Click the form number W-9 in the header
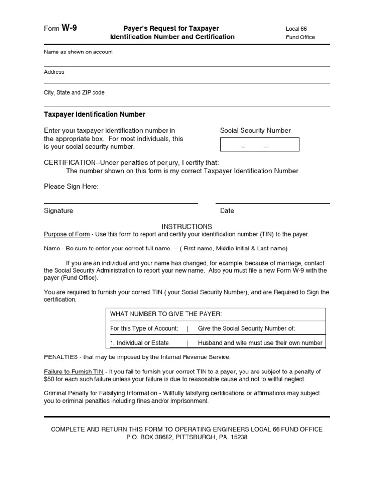(69, 28)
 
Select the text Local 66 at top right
(296, 29)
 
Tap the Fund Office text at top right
(300, 37)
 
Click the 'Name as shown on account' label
(78, 52)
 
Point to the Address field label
(54, 72)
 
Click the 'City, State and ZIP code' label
(74, 92)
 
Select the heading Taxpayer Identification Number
(94, 115)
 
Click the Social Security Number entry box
(260, 145)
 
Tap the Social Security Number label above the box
(255, 130)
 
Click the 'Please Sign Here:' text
(71, 187)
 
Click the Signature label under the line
(58, 211)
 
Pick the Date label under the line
(227, 211)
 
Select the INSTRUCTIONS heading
(187, 226)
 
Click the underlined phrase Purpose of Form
(67, 234)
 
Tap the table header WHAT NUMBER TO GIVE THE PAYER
(166, 314)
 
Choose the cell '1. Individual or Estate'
(139, 343)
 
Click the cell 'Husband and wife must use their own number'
(260, 343)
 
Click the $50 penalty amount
(50, 379)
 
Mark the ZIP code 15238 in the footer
(239, 437)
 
